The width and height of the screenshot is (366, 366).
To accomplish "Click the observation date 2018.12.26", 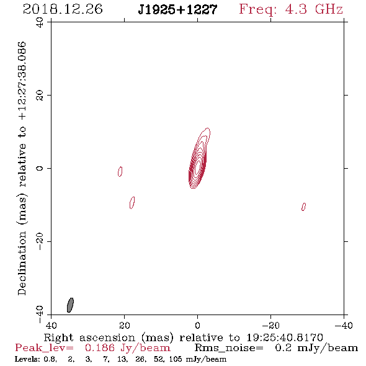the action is (x=63, y=9).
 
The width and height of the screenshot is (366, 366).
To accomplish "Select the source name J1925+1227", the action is (x=177, y=9).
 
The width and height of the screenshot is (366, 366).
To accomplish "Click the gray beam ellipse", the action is (x=70, y=305).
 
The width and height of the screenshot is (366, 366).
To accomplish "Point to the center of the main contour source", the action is (x=198, y=167).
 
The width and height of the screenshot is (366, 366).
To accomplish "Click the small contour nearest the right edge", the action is (x=303, y=207).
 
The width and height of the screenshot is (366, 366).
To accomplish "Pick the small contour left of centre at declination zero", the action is (x=120, y=171).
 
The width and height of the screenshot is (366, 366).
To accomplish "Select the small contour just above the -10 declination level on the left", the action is (x=132, y=203).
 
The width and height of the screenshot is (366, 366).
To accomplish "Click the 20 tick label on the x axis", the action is (x=124, y=326).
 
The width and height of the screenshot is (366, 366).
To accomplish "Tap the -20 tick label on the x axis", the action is (x=270, y=326).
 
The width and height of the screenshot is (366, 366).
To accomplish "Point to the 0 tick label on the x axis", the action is (x=197, y=326).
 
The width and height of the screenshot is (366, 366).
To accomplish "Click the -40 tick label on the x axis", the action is (x=344, y=326).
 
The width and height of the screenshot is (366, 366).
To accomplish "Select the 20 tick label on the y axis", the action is (x=40, y=96).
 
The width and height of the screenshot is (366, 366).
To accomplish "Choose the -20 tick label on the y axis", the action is (x=40, y=241).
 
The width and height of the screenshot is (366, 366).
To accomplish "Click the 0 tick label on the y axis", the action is (x=40, y=168).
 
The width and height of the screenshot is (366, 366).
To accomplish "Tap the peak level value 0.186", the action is (x=100, y=348).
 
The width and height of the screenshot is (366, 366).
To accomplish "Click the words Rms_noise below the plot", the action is (x=229, y=348).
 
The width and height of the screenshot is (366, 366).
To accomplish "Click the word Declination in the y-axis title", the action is (x=22, y=263).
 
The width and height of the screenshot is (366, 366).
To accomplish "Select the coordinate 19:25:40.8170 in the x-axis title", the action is (x=285, y=337).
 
